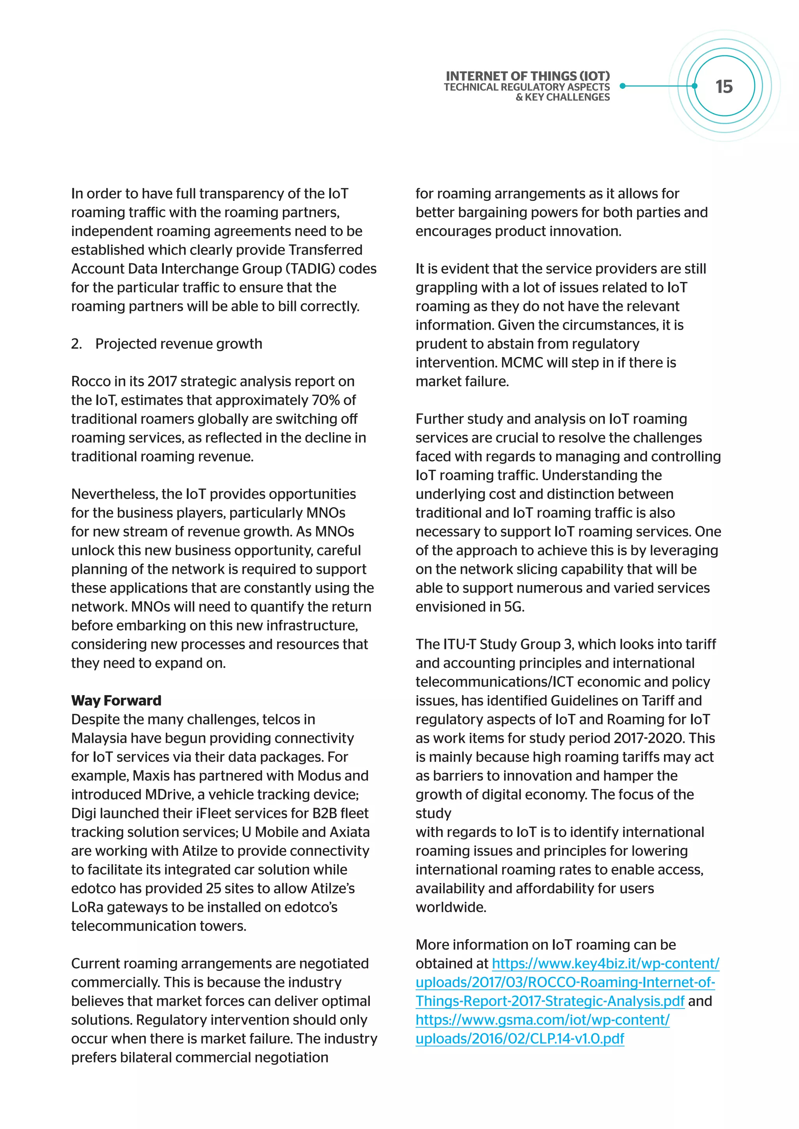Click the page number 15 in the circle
[724, 87]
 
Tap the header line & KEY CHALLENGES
[562, 97]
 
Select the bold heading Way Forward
[116, 700]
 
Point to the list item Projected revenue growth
[179, 344]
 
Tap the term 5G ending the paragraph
[514, 607]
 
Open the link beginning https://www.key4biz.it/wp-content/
[605, 964]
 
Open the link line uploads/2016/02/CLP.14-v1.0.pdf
[520, 1039]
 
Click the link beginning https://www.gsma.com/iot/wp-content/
[542, 1020]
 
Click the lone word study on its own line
[433, 813]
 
